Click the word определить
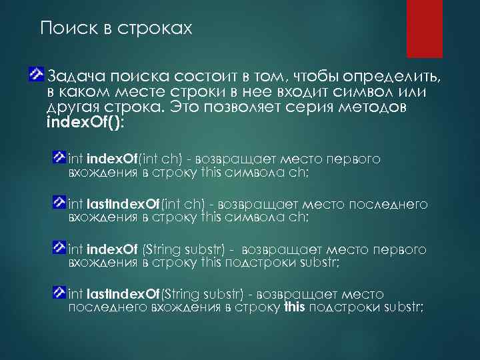point(393,75)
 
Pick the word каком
point(85,91)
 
